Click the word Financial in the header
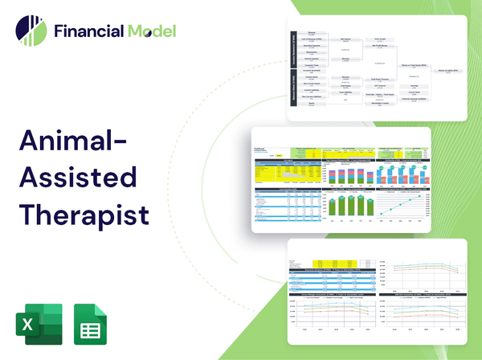click(x=88, y=32)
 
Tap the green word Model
click(x=150, y=32)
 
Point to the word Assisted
click(x=78, y=179)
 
